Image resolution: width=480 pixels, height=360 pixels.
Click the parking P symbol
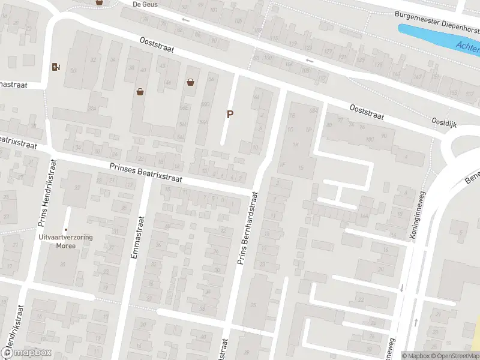229,114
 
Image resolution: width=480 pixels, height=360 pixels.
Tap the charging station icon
56,67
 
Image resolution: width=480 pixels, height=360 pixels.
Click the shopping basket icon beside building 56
191,82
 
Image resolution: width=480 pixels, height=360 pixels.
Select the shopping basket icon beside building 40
140,92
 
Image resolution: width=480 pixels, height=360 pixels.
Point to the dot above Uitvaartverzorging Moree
66,229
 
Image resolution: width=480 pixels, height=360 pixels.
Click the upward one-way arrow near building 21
415,323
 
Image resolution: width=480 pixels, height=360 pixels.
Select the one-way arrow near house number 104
309,60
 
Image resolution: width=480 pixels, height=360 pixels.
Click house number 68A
313,110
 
